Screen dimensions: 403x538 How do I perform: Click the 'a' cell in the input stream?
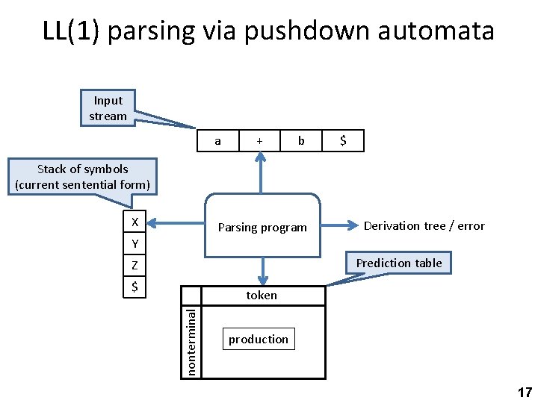217,140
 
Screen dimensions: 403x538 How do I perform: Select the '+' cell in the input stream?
259,140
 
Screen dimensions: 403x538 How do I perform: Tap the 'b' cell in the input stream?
300,140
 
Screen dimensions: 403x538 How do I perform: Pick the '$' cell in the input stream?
342,140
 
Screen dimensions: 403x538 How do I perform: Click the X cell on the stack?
134,222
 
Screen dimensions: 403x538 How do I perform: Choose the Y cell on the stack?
134,244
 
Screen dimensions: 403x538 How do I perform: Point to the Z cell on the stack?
134,265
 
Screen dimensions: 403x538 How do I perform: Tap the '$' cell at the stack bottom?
134,286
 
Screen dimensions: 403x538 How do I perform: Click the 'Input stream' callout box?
108,108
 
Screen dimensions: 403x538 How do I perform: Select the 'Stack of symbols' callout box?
83,177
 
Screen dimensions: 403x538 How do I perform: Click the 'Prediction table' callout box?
399,263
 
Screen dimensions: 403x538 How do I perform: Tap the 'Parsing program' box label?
262,228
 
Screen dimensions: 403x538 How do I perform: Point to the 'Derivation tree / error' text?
424,225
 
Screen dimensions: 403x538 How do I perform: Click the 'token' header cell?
262,296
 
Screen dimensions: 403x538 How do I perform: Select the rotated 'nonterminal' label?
192,342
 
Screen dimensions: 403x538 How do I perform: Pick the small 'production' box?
259,339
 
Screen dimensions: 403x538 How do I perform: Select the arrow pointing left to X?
176,222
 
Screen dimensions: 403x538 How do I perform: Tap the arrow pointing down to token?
262,271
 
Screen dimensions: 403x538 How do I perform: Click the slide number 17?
524,393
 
